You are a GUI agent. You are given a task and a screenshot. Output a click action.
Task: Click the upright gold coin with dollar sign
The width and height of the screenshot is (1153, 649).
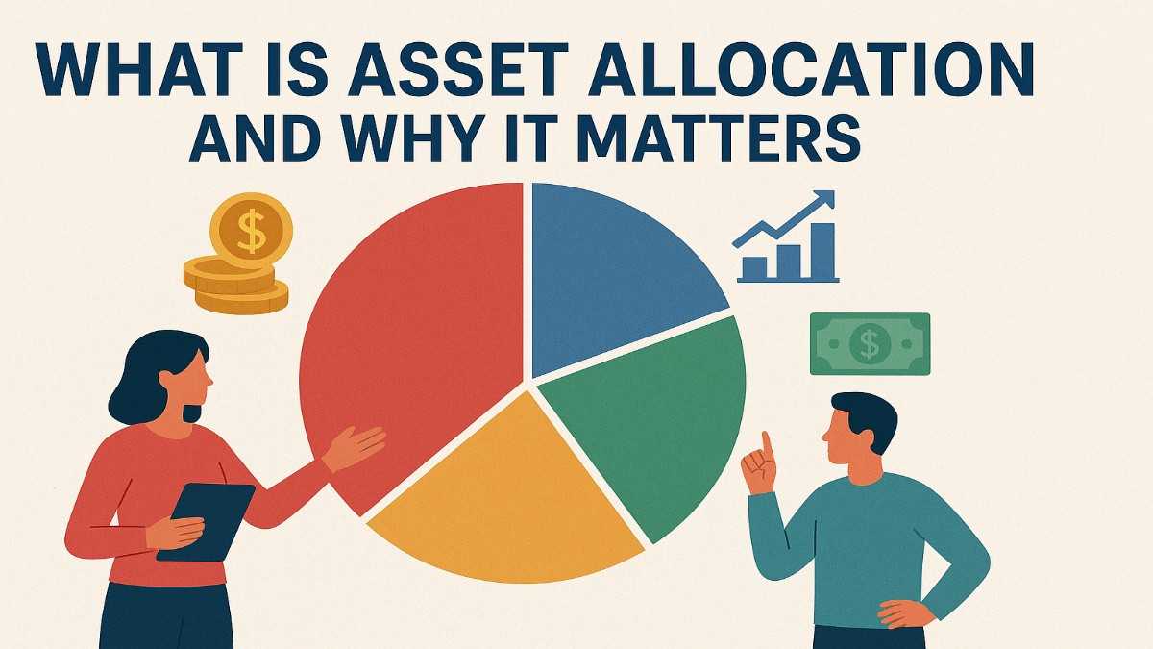[251, 231]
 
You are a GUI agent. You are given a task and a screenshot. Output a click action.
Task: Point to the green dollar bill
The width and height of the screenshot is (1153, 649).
[870, 343]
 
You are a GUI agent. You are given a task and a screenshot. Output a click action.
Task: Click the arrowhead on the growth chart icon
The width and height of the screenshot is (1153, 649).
[822, 200]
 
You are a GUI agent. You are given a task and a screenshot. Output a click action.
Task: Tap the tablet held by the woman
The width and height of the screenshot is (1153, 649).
[207, 519]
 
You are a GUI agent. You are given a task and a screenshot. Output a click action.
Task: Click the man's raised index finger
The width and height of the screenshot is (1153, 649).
[767, 445]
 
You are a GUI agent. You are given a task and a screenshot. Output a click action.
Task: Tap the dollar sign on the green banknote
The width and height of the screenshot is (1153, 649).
[870, 343]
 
